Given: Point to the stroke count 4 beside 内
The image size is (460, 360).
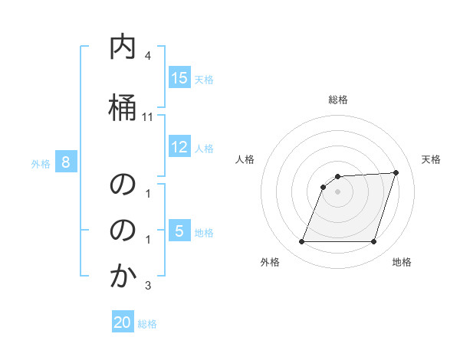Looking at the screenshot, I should (148, 57).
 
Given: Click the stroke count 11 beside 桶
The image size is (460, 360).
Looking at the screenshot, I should (148, 117).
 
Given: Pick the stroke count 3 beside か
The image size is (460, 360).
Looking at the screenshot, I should (148, 286).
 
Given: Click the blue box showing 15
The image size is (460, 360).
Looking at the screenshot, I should (179, 78).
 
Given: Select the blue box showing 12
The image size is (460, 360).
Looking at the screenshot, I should (179, 147).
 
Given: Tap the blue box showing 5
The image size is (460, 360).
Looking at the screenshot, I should (179, 232).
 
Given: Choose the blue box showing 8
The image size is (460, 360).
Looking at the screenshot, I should (66, 162).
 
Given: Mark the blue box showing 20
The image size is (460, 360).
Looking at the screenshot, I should (123, 322).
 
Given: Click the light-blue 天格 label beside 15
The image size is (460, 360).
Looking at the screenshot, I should (204, 79).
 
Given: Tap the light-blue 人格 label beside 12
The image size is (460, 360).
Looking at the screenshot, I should (204, 148).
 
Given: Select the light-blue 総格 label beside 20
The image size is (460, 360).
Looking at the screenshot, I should (147, 324).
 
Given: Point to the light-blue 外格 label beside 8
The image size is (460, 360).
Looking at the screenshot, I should (41, 163).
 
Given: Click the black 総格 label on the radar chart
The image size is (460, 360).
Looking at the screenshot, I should (338, 100).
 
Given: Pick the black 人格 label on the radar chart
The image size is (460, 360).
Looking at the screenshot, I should (245, 159).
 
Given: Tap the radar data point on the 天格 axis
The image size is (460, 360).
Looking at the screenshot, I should (396, 172).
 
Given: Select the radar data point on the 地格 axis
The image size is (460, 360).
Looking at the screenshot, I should (373, 241).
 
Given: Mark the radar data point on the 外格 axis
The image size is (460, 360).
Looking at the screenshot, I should (302, 241).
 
